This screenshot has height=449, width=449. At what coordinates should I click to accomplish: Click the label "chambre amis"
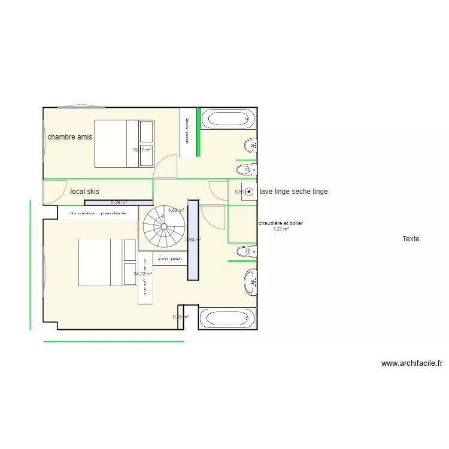(x=70, y=137)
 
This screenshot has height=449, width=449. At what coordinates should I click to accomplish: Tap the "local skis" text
(x=84, y=192)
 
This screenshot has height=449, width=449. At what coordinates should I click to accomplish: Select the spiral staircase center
(x=162, y=227)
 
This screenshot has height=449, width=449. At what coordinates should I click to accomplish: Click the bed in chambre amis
(x=125, y=144)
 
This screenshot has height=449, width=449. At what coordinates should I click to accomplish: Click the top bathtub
(x=227, y=118)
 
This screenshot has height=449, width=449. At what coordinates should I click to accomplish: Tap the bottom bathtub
(x=227, y=318)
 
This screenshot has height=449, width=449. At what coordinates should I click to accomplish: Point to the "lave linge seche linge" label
(x=293, y=192)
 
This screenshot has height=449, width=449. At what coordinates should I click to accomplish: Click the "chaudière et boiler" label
(x=280, y=223)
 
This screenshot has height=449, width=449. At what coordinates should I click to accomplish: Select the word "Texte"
(x=411, y=239)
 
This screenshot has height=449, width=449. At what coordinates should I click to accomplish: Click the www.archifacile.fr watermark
(x=412, y=363)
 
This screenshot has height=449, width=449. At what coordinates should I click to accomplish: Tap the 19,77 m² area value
(x=142, y=150)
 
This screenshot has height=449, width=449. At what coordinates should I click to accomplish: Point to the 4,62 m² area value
(x=175, y=210)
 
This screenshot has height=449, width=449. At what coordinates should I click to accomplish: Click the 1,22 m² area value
(x=280, y=229)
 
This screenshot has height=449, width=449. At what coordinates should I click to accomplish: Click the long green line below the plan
(x=113, y=342)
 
